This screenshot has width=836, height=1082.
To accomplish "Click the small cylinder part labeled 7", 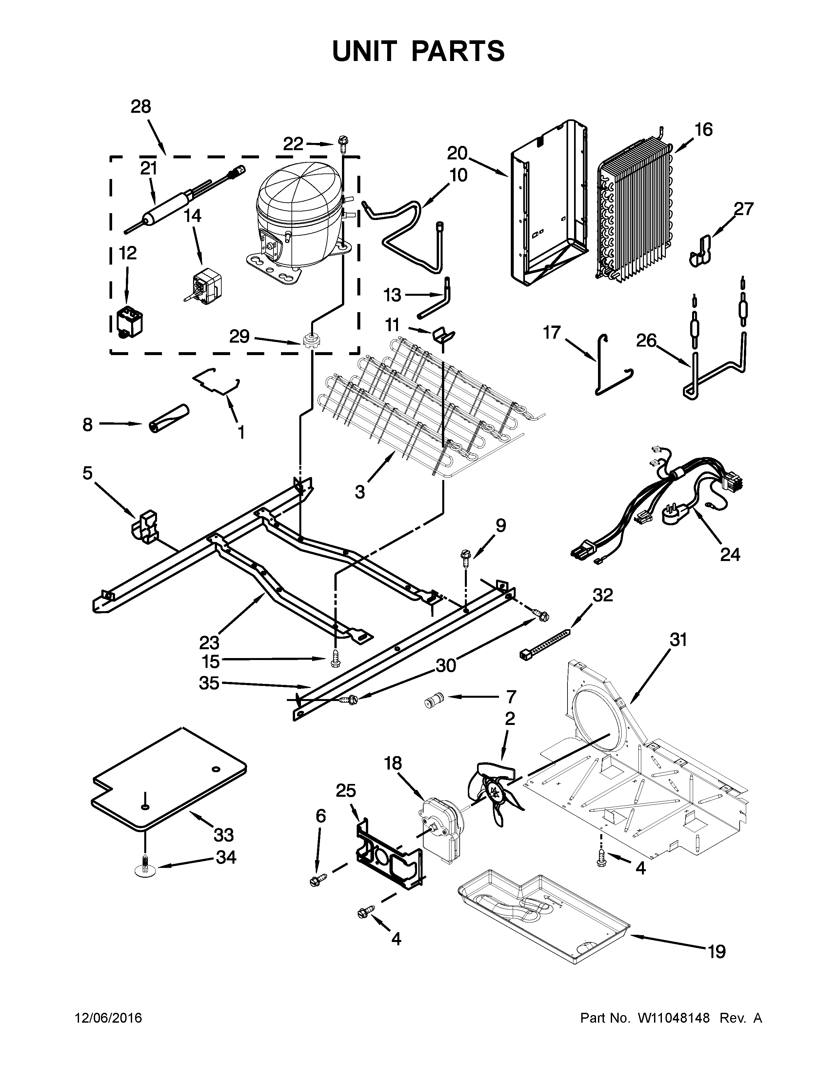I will (x=433, y=702).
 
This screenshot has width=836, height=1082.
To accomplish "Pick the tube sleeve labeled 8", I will (x=169, y=419).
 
